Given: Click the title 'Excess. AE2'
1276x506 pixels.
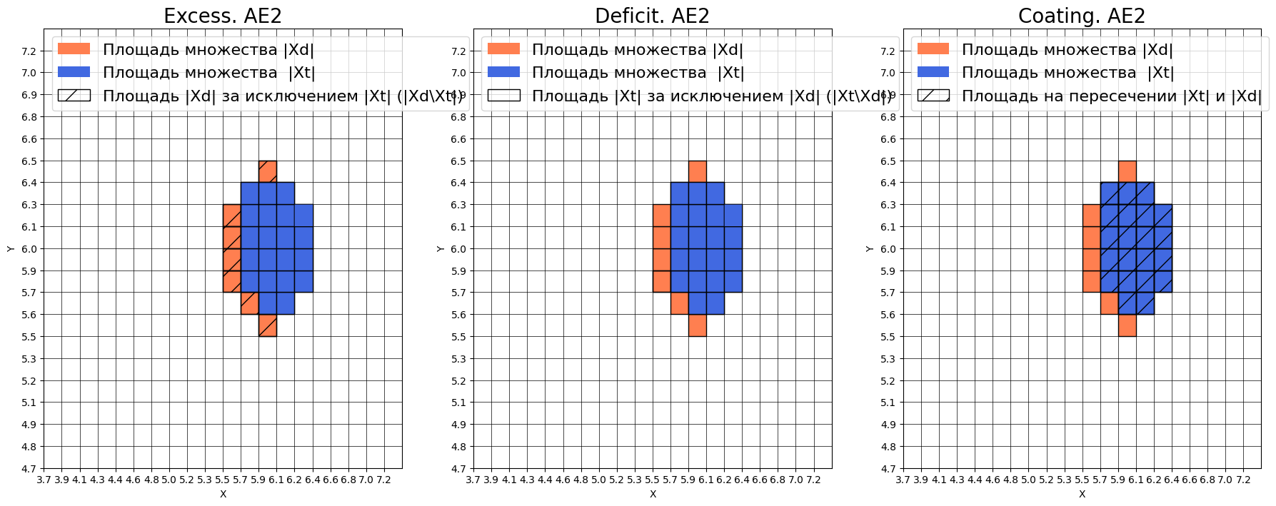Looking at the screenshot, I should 223,16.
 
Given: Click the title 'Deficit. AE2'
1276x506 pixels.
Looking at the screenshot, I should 652,16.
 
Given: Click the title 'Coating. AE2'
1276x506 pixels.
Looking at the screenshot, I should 1081,16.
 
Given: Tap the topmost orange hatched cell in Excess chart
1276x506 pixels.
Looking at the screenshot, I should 268,171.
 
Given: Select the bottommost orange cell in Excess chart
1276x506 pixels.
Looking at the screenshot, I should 268,325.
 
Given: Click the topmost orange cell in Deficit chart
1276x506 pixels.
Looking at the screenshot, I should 698,171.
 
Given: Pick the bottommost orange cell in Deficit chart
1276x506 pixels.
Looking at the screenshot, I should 698,325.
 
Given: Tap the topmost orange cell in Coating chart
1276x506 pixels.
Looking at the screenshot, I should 1127,171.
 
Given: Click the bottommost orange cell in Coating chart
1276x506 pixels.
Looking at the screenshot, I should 1127,325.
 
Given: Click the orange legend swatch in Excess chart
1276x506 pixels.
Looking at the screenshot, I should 74,49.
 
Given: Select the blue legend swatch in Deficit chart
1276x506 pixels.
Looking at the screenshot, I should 503,72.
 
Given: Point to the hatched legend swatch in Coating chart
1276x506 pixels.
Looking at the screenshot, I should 933,96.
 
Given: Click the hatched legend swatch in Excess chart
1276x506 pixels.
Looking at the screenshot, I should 74,96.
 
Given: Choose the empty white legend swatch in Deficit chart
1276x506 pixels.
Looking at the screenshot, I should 503,96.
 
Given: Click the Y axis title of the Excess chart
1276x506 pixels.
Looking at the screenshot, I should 10,248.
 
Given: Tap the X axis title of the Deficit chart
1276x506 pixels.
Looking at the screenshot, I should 653,494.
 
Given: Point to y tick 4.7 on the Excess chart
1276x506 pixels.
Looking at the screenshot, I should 29,469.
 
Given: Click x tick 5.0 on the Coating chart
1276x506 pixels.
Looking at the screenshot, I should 1028,480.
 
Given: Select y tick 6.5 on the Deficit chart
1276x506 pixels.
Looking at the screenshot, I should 458,161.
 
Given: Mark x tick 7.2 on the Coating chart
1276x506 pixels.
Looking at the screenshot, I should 1243,480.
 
